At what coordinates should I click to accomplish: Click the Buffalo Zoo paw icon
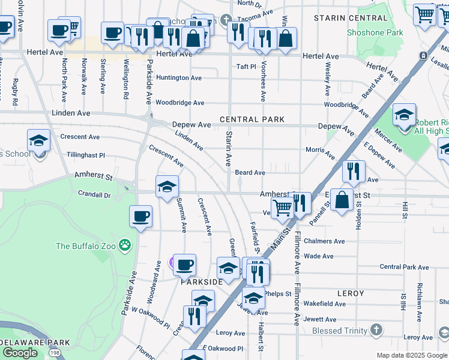pos(125,244)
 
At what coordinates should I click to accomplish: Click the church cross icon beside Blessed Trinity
pos(376,329)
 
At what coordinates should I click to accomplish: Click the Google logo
pos(20,353)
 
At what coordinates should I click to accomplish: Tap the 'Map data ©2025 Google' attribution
pos(412,355)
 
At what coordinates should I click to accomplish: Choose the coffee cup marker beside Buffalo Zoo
pos(141,217)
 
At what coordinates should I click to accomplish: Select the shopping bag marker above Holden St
pos(342,200)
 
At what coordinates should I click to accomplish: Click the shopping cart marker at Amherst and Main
pos(282,208)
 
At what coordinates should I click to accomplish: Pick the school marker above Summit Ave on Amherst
pos(167,187)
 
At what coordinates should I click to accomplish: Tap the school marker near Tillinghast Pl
pos(39,141)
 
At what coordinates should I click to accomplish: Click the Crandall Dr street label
pos(94,194)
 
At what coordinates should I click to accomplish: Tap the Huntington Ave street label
pos(179,77)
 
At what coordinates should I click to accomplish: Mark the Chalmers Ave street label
pos(324,241)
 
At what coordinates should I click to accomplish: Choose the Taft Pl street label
pos(246,67)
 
